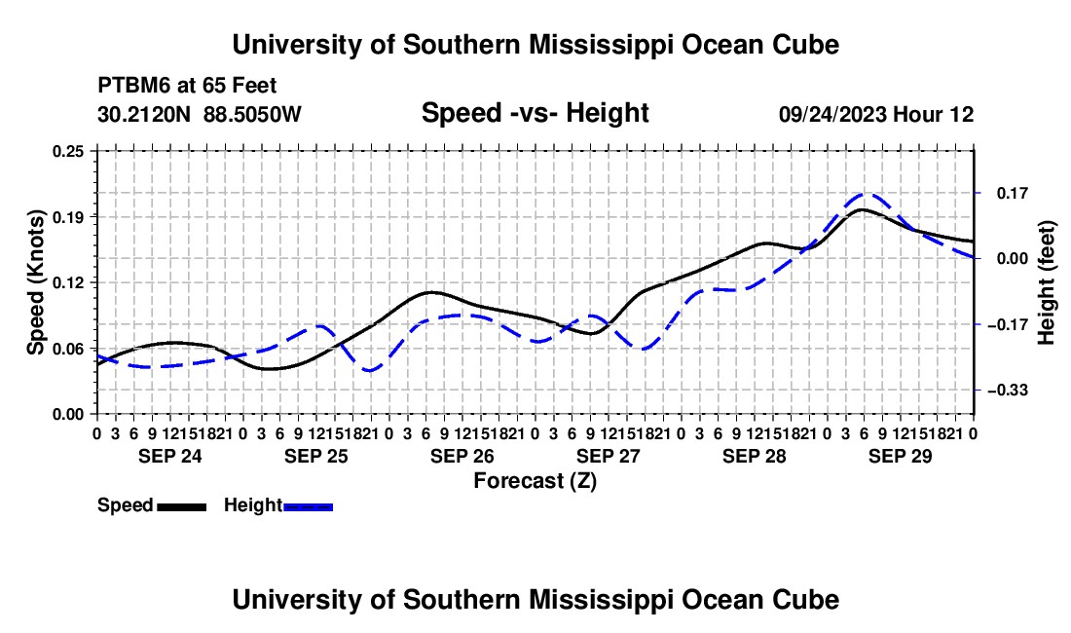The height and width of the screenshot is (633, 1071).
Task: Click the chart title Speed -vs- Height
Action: pos(535,113)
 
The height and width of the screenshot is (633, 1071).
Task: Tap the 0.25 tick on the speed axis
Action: pos(68,151)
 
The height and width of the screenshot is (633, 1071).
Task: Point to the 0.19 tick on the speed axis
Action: pos(68,217)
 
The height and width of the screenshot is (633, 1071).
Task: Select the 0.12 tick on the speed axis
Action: pos(68,282)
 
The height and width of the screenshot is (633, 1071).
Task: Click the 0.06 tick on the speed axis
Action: pos(68,349)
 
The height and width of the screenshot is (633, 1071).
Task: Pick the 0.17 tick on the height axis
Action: pos(1013,193)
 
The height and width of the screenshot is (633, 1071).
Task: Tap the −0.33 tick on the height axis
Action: pos(1008,391)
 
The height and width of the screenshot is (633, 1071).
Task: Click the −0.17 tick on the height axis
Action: pos(1008,324)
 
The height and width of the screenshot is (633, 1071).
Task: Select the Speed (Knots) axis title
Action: pos(35,282)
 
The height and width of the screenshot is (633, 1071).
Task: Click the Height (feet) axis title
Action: pos(1047,282)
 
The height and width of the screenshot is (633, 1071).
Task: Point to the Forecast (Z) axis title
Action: pos(535,481)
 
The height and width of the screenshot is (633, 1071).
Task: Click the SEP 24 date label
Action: pos(170,456)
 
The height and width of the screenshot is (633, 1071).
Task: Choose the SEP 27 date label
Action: pos(608,456)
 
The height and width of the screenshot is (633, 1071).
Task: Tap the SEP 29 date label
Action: pos(901,456)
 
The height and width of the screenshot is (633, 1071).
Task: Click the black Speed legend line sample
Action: pos(182,506)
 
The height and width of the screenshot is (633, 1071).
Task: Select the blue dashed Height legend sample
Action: pos(308,506)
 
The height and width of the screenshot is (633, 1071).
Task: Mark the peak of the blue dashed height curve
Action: pos(865,194)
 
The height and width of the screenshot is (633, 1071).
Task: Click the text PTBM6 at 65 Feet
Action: pos(187,86)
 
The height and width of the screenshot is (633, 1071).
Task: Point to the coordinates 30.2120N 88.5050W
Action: pos(200,114)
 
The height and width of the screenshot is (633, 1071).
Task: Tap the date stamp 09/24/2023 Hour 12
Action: pos(876,114)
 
